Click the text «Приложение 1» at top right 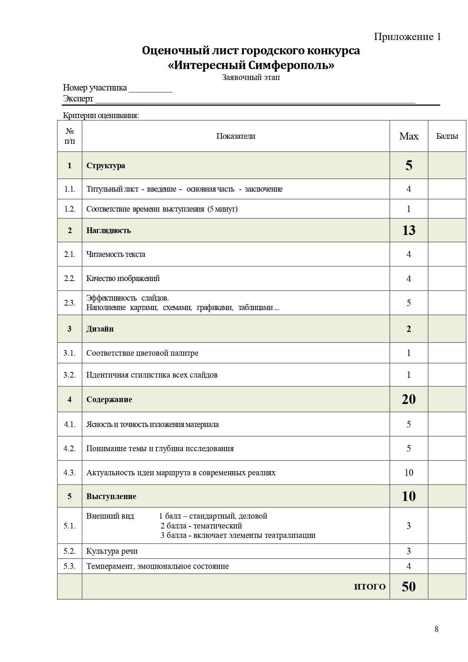(x=407, y=37)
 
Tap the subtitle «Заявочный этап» (x=251, y=78)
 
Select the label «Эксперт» (x=78, y=99)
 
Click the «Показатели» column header (x=236, y=136)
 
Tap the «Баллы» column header (x=447, y=136)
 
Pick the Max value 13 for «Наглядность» (x=409, y=230)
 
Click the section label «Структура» (x=106, y=166)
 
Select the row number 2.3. (x=70, y=303)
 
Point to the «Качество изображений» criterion (x=123, y=278)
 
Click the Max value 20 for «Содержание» (x=409, y=399)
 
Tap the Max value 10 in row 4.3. (x=409, y=473)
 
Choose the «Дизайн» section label (x=100, y=329)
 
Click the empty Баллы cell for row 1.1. (x=447, y=189)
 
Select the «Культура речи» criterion (x=112, y=551)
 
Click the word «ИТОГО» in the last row (x=370, y=587)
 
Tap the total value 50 (x=409, y=587)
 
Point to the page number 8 (x=437, y=629)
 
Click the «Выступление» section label (x=111, y=496)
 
